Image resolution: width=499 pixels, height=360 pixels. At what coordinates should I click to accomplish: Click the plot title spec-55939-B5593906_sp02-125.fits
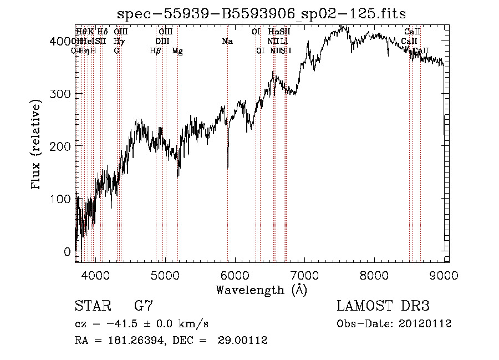point(262,13)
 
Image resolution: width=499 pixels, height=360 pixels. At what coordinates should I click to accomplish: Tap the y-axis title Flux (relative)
point(37,145)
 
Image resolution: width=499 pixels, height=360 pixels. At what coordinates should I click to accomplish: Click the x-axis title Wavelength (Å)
point(261,290)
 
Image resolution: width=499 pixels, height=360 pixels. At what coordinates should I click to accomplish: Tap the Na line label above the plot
point(227,41)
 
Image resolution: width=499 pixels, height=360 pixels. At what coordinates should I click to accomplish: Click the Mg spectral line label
point(177,51)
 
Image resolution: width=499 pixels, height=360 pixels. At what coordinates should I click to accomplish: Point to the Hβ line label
point(155,51)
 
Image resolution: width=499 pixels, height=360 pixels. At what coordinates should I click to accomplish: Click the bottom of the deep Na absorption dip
point(228,166)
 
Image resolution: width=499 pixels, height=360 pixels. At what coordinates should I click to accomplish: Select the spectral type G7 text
point(144,306)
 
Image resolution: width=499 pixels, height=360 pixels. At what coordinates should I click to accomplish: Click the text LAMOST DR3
point(383,306)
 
